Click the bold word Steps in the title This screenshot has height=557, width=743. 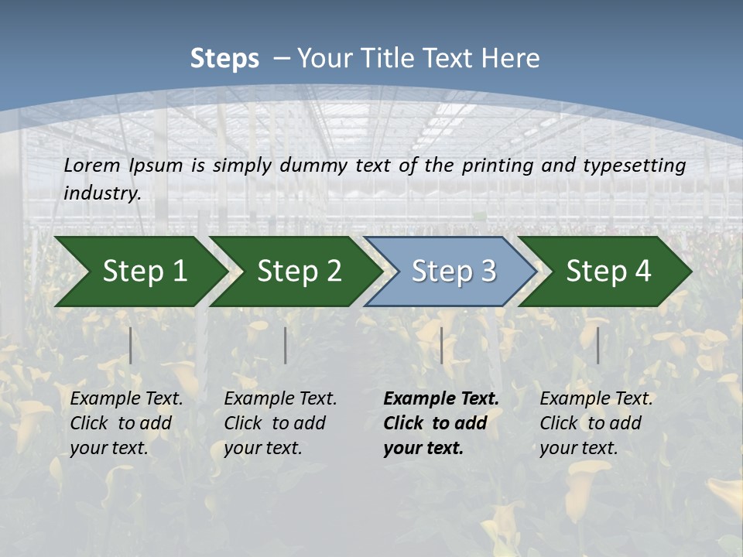pos(224,59)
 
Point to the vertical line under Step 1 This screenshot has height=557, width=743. pos(131,345)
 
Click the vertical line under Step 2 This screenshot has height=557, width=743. pos(286,345)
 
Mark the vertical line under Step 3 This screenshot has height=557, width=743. pos(441,345)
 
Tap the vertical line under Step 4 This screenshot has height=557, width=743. pos(598,345)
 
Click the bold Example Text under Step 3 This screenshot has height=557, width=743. pos(441,399)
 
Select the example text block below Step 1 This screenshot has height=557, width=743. pos(126,423)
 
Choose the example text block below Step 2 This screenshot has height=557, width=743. pos(280,423)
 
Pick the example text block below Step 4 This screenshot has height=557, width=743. pos(596,423)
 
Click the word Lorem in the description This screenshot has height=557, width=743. pos(92,166)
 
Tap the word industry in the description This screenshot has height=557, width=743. pos(101,193)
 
